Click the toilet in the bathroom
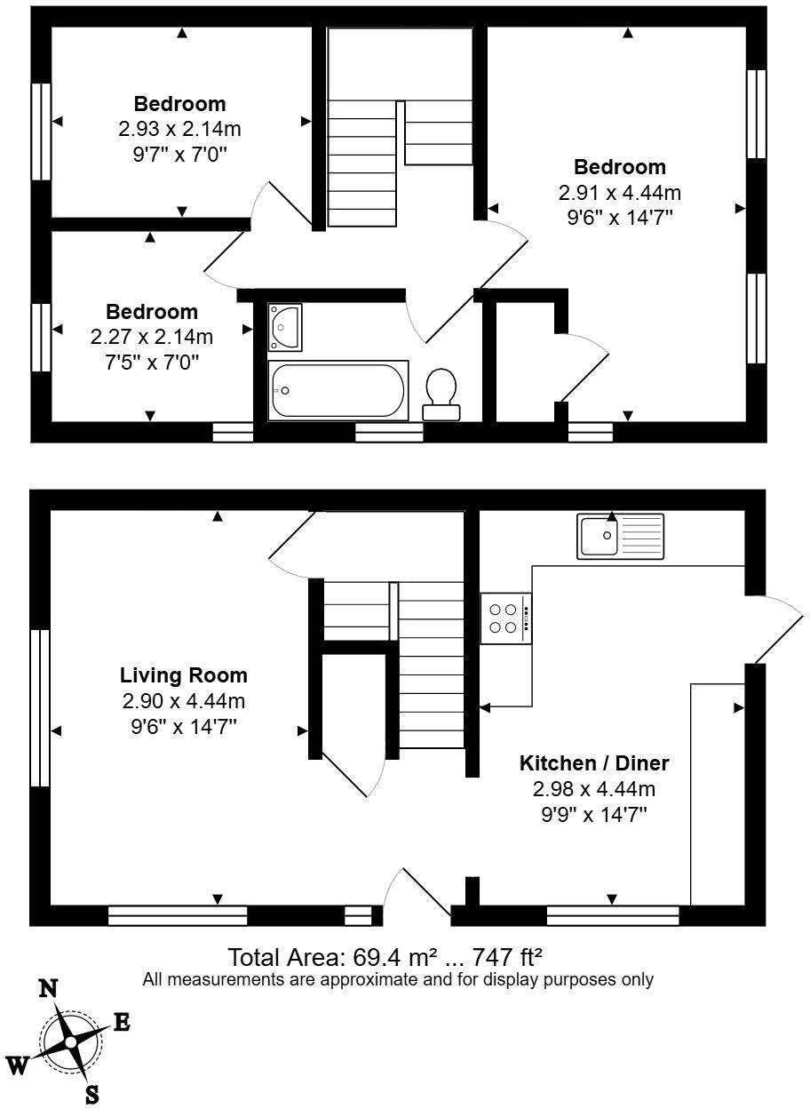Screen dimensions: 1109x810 [x=441, y=395]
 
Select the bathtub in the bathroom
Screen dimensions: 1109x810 [x=339, y=389]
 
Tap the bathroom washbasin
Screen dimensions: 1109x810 [x=285, y=326]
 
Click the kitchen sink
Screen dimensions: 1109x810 [x=619, y=536]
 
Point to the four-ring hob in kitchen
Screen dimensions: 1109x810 [x=505, y=618]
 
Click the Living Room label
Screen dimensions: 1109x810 [x=184, y=675]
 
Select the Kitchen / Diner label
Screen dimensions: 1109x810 [x=593, y=762]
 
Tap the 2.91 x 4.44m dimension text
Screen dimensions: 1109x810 [x=620, y=193]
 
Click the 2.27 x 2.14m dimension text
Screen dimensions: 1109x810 [x=151, y=337]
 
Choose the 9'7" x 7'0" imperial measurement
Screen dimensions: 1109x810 [x=179, y=154]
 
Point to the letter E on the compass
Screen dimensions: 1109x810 [x=122, y=1023]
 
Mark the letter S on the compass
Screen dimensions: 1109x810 [x=91, y=1095]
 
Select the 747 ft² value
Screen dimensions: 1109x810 [x=506, y=958]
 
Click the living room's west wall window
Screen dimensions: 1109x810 [x=39, y=708]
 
